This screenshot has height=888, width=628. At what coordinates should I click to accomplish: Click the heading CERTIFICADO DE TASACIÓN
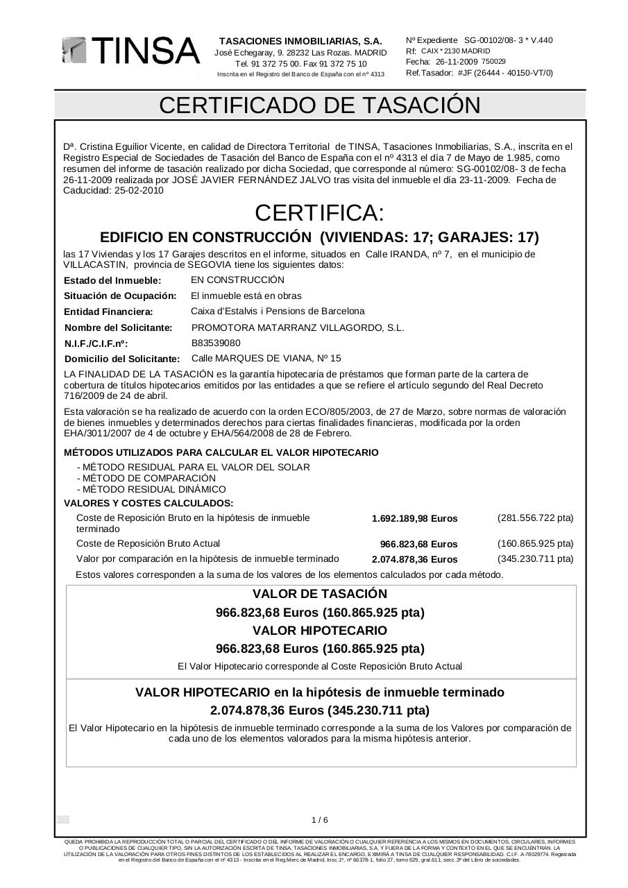[320, 105]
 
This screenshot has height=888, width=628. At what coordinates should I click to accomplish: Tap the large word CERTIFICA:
[319, 212]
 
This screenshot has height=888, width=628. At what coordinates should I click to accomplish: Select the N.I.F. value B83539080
[216, 343]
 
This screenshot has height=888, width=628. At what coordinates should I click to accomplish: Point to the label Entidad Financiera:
[108, 312]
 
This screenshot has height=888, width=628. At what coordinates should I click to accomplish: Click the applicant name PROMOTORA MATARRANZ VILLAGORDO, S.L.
[297, 327]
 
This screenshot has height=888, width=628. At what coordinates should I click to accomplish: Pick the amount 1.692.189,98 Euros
[414, 519]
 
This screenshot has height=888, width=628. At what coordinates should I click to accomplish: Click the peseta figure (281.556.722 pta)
[535, 518]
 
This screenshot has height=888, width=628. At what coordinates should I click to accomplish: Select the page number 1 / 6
[320, 820]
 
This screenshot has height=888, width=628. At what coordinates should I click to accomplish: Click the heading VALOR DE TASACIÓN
[320, 594]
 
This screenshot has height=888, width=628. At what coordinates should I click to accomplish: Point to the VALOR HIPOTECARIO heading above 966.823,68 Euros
[320, 631]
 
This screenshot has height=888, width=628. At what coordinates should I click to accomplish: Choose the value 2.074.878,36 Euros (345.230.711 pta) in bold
[320, 710]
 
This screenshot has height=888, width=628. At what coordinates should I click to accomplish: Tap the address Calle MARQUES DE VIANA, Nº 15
[266, 359]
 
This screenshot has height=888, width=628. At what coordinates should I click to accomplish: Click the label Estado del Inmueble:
[112, 281]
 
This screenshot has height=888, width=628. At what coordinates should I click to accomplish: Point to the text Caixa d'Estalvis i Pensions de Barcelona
[278, 311]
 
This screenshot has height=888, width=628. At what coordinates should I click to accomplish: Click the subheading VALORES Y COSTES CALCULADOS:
[148, 503]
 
